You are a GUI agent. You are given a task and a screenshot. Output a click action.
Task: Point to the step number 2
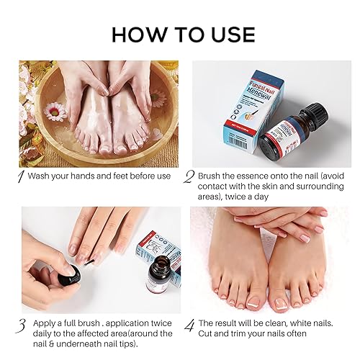[189, 176]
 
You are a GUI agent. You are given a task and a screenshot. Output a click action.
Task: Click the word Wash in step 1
[40, 176]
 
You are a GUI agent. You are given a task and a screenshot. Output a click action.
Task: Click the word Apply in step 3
[41, 323]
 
